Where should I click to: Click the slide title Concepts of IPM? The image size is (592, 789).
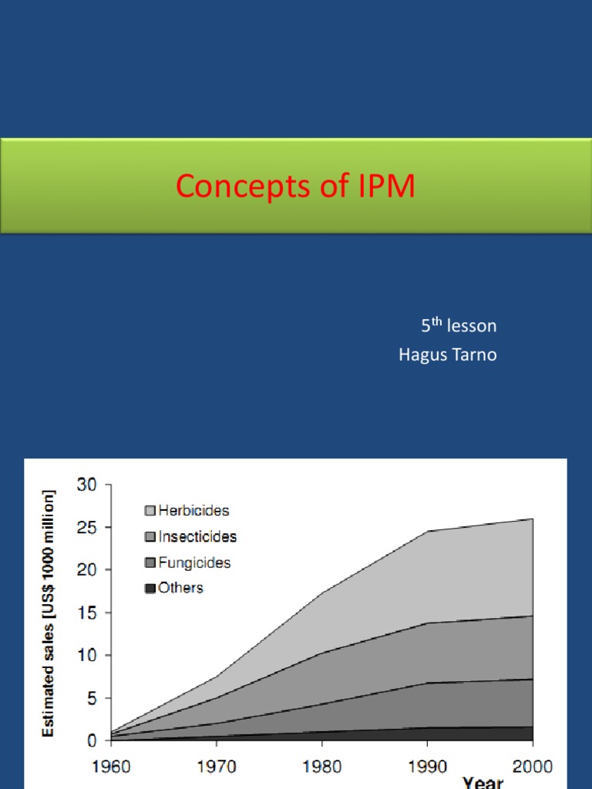tap(295, 186)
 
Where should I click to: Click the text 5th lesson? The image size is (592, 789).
tap(459, 326)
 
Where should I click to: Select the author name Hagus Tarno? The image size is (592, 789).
tap(447, 354)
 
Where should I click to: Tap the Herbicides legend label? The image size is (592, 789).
tap(193, 510)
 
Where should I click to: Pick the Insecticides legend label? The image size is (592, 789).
tap(197, 536)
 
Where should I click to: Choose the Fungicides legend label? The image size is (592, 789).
tap(194, 562)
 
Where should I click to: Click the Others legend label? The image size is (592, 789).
tap(180, 588)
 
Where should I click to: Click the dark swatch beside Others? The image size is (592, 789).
tap(150, 589)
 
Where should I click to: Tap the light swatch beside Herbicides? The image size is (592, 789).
tap(150, 511)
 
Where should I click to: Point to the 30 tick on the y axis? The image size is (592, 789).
tap(87, 485)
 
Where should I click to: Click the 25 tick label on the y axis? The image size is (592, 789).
tap(87, 528)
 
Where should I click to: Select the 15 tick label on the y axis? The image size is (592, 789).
tap(87, 613)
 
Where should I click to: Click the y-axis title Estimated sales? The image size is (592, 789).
tap(49, 612)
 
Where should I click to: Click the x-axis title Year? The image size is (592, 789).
tap(483, 781)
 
